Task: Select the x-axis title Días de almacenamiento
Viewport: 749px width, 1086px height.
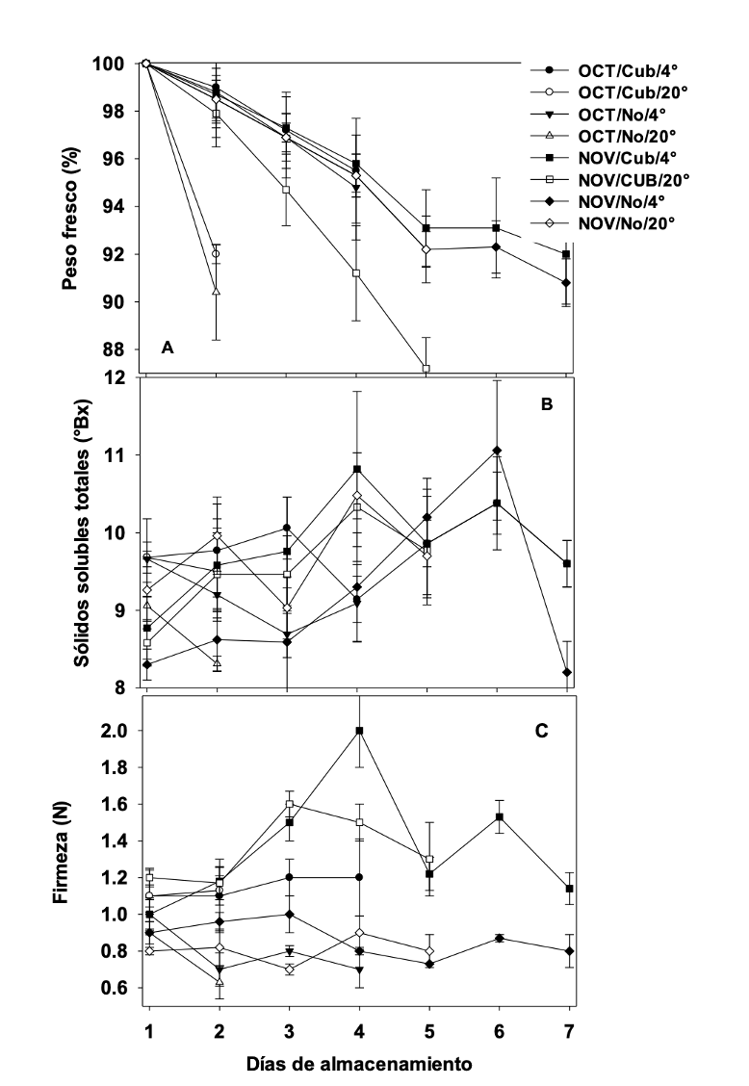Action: pyautogui.click(x=358, y=1063)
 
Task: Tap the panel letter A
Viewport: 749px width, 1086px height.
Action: pyautogui.click(x=168, y=349)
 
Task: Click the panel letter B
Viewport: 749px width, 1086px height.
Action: pyautogui.click(x=546, y=404)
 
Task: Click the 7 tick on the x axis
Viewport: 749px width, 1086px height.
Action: pyautogui.click(x=567, y=1031)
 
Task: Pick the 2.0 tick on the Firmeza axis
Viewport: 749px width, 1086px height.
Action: pyautogui.click(x=117, y=731)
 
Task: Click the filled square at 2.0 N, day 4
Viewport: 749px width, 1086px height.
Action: pyautogui.click(x=359, y=731)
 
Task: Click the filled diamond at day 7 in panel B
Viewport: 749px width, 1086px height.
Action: pyautogui.click(x=567, y=672)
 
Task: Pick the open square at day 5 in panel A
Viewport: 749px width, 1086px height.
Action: pyautogui.click(x=426, y=368)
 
